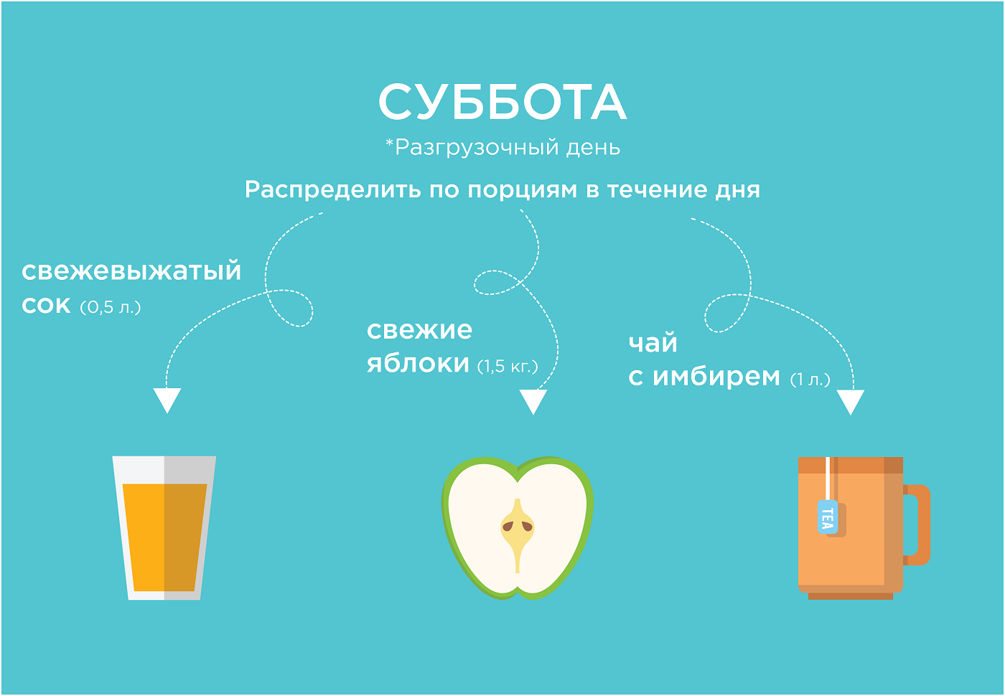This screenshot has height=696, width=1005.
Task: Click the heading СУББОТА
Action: (502, 102)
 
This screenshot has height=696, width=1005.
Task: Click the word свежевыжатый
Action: (131, 271)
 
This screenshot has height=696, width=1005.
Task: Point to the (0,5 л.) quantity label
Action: (111, 308)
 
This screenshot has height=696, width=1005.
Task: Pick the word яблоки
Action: (418, 363)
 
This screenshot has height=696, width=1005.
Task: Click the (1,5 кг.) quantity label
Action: (508, 367)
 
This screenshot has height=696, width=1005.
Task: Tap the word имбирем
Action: (716, 377)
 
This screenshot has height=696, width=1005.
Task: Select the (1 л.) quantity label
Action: (810, 380)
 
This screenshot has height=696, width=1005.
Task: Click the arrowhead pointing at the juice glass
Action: (167, 400)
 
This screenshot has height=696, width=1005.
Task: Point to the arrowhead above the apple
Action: (533, 401)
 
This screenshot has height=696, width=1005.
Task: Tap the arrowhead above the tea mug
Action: (851, 401)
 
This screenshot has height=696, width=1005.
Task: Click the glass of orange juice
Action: (164, 528)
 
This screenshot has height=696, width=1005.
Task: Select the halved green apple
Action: (518, 528)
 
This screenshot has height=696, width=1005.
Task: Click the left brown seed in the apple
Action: (508, 526)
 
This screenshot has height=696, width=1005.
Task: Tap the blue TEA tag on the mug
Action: (827, 517)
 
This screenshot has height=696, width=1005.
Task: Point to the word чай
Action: (653, 343)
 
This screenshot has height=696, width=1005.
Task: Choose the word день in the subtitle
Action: (593, 149)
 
